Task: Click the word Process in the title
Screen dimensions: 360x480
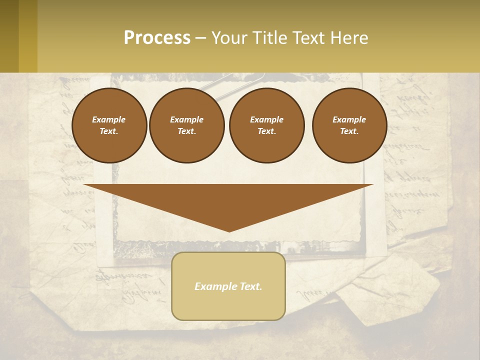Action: coord(157,38)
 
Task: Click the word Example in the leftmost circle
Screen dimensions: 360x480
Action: coord(109,119)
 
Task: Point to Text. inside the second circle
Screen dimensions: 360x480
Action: coord(187,131)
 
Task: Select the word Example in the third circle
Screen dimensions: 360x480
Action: coord(266,119)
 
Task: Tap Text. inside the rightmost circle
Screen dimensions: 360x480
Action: coord(349,131)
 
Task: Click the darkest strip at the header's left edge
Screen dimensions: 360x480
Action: coord(9,36)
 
